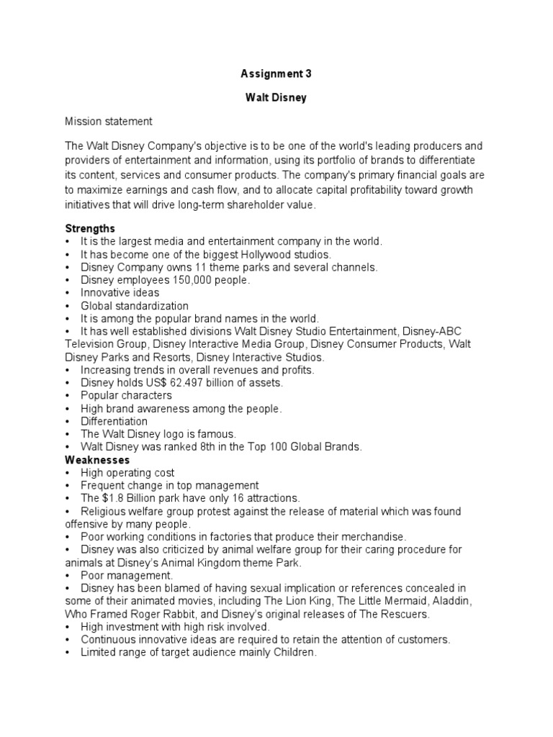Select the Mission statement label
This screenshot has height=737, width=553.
pyautogui.click(x=109, y=122)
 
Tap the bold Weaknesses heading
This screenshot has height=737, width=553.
pyautogui.click(x=97, y=459)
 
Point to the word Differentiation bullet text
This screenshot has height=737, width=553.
pyautogui.click(x=114, y=421)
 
